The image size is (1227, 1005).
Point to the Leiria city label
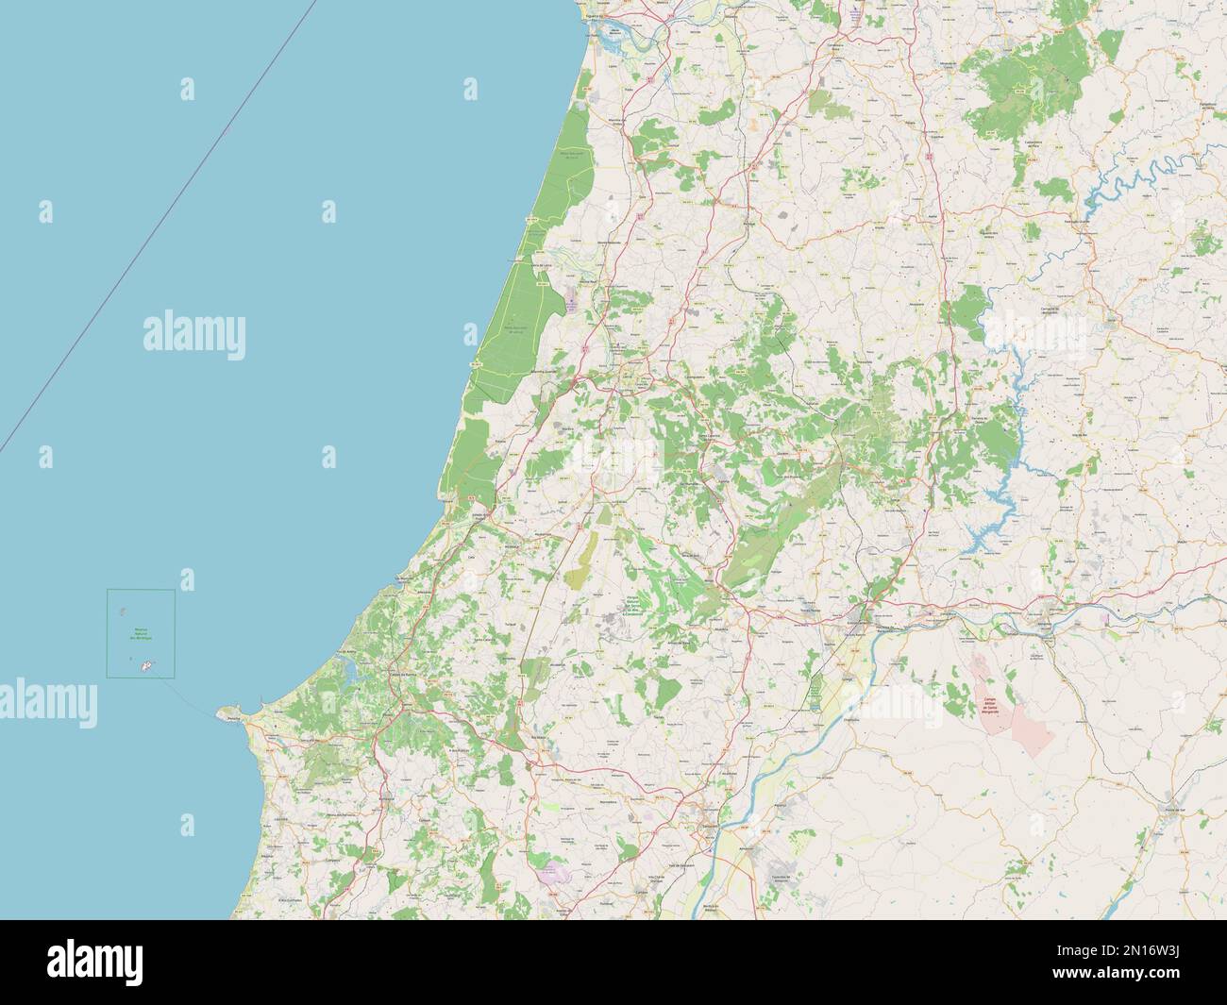(627, 376)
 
